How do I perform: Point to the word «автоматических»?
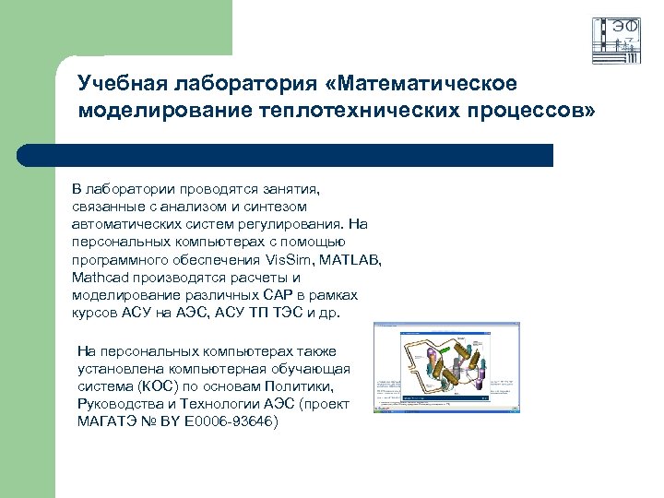(x=121, y=225)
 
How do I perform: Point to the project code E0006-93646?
(x=233, y=421)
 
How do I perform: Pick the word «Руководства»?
(x=124, y=404)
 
